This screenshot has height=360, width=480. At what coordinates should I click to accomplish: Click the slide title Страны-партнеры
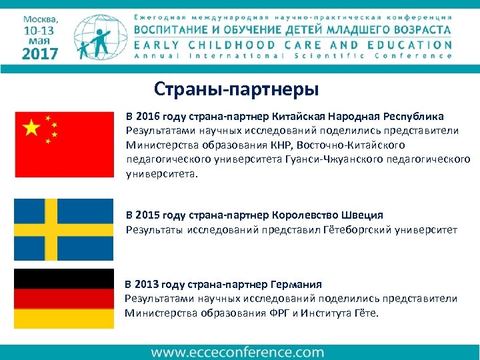point(237,88)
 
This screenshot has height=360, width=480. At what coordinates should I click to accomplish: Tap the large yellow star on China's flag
point(31,129)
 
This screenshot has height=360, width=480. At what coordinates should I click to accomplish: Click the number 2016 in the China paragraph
point(150,115)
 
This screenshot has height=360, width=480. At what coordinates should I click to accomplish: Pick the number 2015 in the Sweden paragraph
point(150,215)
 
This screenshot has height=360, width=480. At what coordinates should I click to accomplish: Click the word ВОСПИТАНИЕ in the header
point(175,30)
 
